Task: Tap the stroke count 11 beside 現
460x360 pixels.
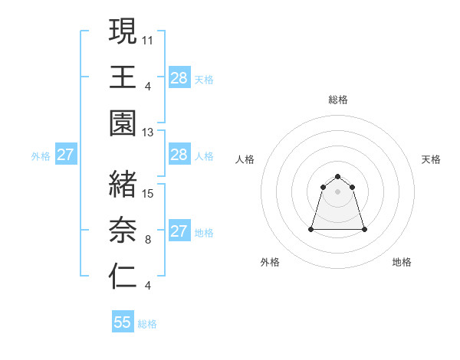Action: point(148,38)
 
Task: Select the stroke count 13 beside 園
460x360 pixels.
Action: point(148,133)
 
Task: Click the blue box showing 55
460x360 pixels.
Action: point(123,322)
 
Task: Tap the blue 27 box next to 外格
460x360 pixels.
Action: point(65,155)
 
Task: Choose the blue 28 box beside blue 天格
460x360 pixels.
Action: point(179,77)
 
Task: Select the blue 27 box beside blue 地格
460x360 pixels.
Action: point(179,231)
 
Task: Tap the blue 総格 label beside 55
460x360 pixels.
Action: point(147,324)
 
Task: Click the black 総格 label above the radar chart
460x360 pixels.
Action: point(337,100)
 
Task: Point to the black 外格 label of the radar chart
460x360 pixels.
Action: point(270,262)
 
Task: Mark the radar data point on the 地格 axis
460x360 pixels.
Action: point(363,229)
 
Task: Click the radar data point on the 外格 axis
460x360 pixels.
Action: point(311,229)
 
